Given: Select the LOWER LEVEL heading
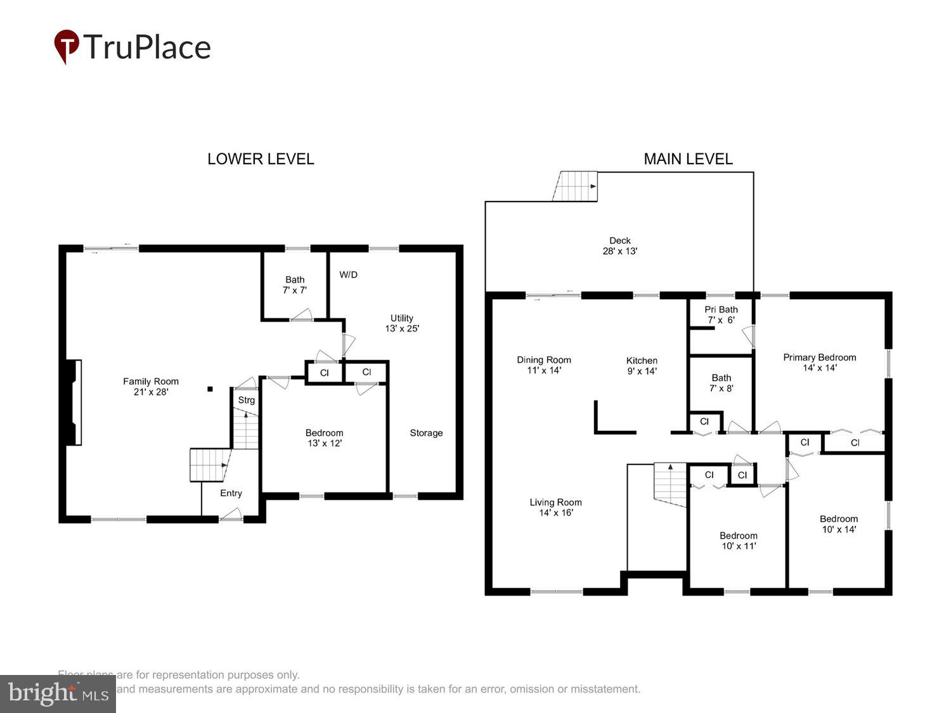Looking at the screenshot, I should click(261, 159).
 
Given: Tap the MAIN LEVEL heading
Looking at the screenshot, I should click(688, 159).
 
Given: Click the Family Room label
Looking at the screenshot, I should click(151, 387).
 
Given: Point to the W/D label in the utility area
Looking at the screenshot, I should click(348, 274).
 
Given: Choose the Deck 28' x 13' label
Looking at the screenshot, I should click(619, 246).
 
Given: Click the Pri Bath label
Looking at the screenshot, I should click(721, 315).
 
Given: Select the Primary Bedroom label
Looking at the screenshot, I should click(819, 363).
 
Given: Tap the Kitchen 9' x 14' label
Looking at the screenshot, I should click(642, 366).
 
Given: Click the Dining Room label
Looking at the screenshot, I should click(543, 365).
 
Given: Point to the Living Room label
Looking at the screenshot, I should click(555, 508).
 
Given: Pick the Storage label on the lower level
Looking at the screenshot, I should click(426, 433).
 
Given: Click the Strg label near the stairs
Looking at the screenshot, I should click(246, 400).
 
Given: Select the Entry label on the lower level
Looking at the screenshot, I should click(231, 493).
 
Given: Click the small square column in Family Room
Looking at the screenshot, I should click(210, 389).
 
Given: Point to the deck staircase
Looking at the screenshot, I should click(576, 186).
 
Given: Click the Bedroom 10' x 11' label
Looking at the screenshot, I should click(738, 541).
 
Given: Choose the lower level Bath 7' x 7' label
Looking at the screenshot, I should click(295, 285).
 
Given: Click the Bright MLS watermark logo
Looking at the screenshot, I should click(58, 693).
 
